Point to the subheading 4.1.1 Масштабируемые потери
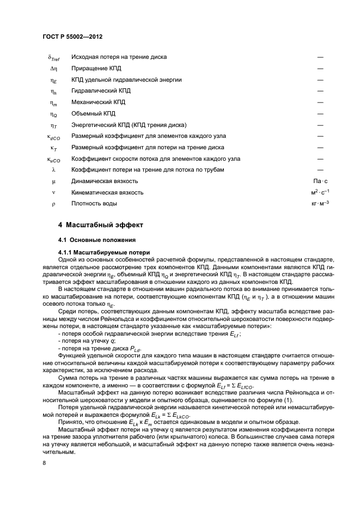(x=100, y=252)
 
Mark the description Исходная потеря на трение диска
(x=119, y=57)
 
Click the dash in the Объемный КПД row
(x=320, y=113)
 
